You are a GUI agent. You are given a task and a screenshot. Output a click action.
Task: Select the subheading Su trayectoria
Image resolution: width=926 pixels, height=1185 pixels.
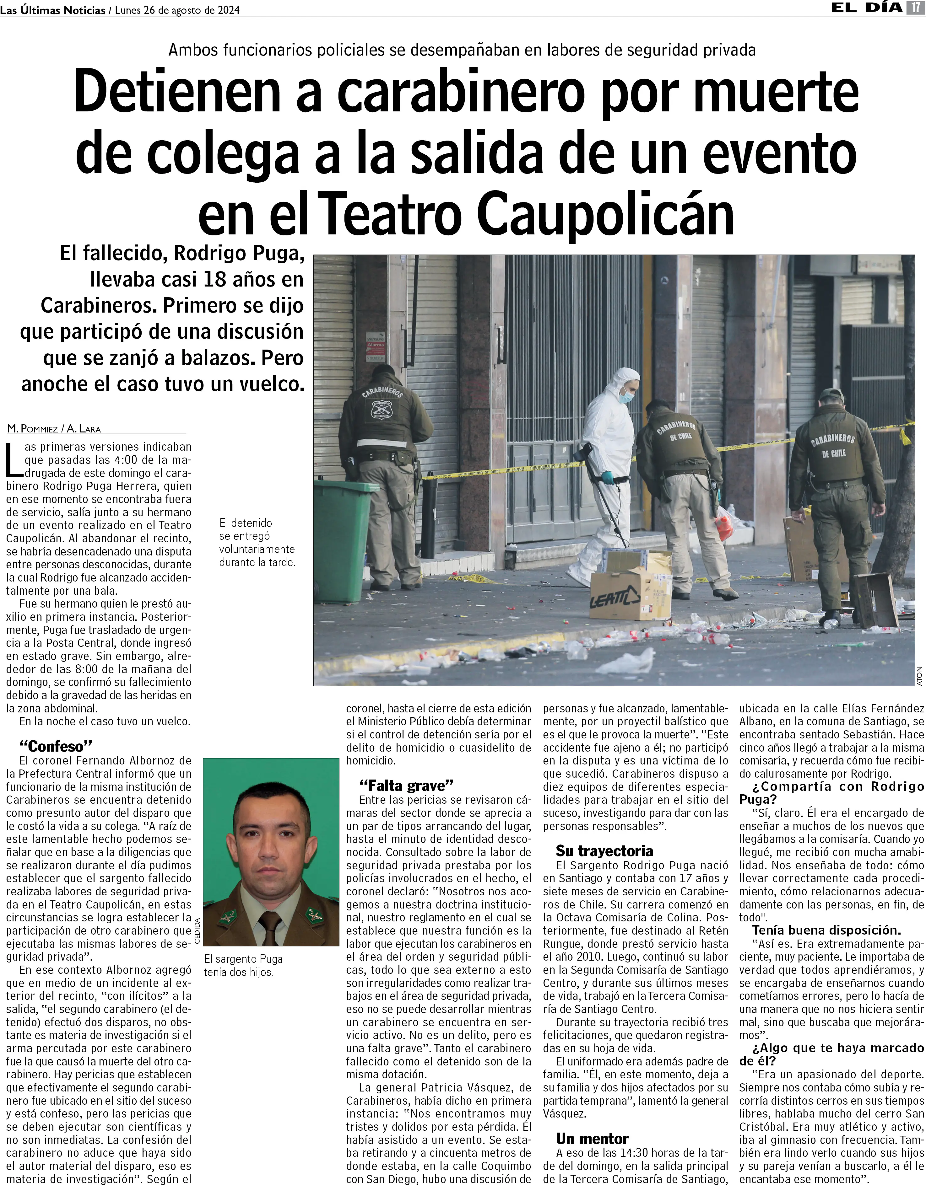[x=604, y=851]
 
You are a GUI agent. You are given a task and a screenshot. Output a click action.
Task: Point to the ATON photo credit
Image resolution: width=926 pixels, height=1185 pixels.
[x=919, y=676]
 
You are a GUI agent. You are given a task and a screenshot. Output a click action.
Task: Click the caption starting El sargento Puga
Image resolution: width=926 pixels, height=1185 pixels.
[x=243, y=966]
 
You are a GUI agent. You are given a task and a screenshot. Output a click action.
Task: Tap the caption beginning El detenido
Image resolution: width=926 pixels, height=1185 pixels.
[x=257, y=543]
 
